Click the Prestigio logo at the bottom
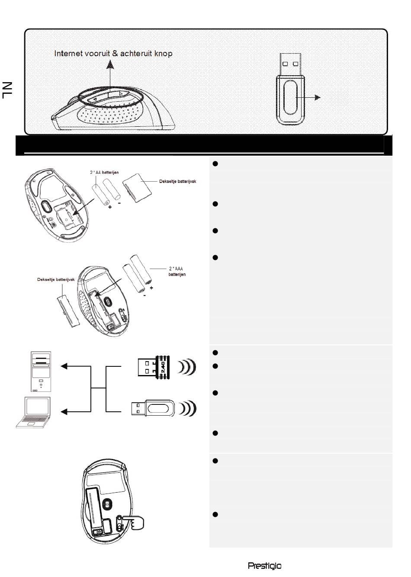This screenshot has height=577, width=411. pos(264,566)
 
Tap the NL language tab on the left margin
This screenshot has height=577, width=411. pos(7,90)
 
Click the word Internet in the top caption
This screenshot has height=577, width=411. pos(68,53)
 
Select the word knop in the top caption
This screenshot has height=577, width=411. pos(164,54)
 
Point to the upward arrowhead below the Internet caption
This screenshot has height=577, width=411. pos(110,64)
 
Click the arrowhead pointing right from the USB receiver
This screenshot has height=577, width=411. pos(318,97)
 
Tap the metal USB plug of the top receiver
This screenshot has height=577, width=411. pos(290,64)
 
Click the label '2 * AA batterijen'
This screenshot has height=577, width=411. pos(104,172)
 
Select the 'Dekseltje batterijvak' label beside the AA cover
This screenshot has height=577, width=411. pos(177,181)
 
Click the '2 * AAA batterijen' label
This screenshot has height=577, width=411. pos(177,272)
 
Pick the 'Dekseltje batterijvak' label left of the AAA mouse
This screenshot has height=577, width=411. pos(56,279)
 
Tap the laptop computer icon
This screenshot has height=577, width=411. pos(33,412)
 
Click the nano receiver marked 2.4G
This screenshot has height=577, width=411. pos(154,367)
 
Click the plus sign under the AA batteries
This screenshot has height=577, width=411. pos(110,207)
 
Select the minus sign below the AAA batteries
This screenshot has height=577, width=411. pos(144,295)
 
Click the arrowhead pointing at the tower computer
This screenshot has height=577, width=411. pos(64,366)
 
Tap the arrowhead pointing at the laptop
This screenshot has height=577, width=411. pos(64,412)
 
